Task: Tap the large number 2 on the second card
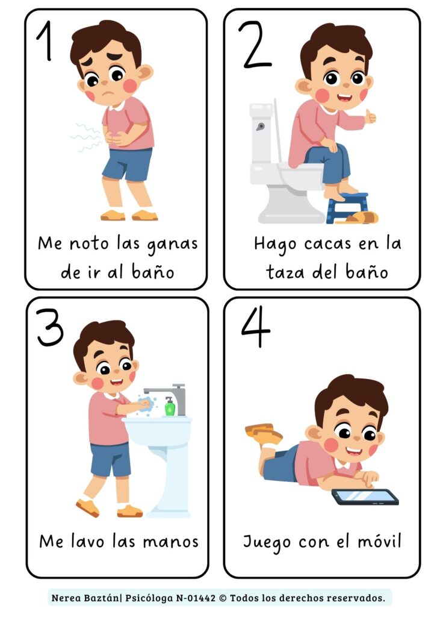point(255,45)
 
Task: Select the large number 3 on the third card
point(50,327)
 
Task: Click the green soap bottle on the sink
point(170,407)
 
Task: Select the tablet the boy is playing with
point(365,497)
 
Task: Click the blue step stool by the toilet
point(347,207)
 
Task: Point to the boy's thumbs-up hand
point(370,117)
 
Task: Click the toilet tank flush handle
point(260,127)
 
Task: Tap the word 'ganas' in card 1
point(172,245)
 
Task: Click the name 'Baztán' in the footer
point(101,598)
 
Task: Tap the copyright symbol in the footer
point(223,598)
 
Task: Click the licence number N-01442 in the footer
point(195,598)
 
